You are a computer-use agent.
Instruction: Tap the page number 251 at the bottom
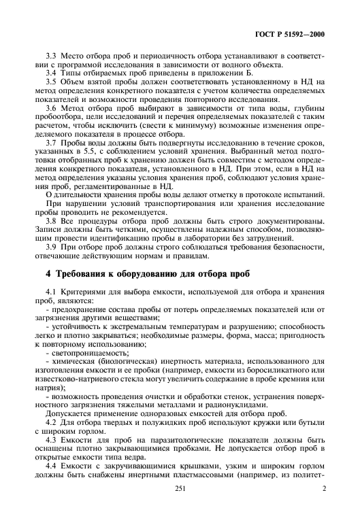coord(180,507)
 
